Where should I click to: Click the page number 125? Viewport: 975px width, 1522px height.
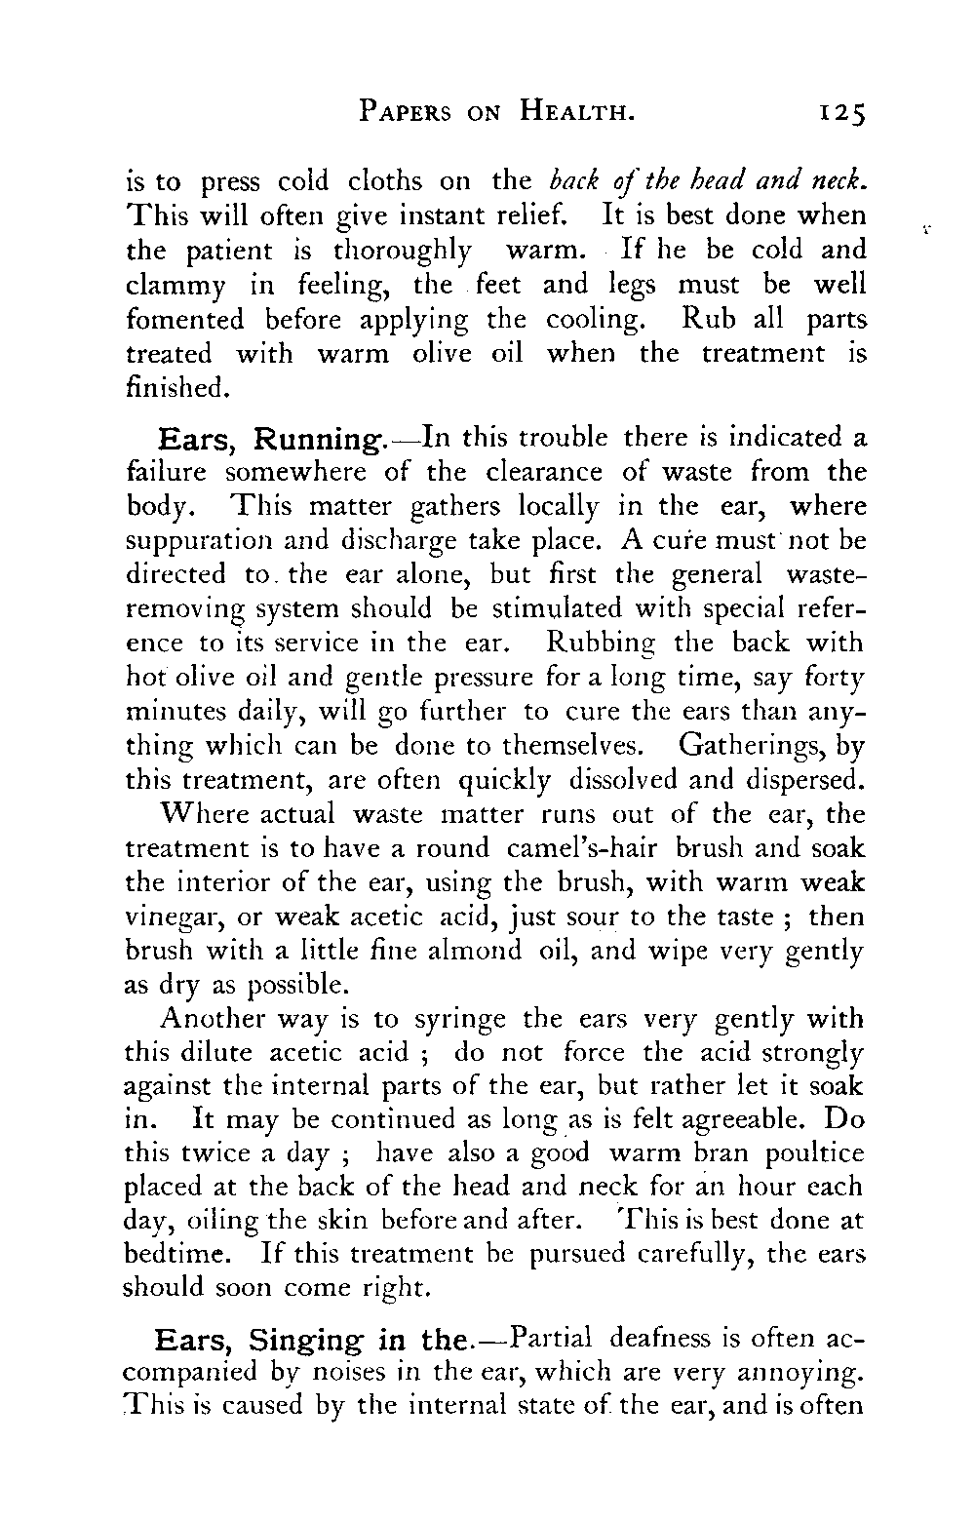[840, 115]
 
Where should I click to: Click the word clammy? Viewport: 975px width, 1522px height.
[174, 287]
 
